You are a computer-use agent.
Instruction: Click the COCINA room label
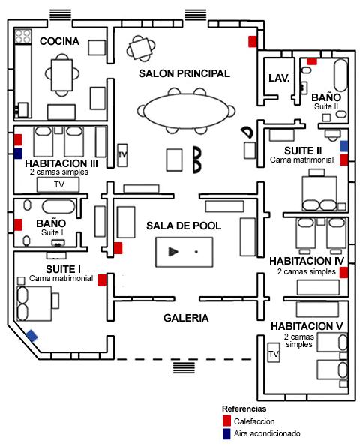pos(59,41)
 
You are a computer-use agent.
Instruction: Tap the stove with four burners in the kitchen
pos(22,37)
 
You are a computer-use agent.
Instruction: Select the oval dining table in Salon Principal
pos(186,111)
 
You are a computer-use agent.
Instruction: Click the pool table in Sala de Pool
pos(184,252)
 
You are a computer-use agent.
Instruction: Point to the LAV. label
pos(279,78)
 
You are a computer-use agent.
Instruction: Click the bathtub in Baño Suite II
pos(340,75)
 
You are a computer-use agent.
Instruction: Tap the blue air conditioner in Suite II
pos(344,146)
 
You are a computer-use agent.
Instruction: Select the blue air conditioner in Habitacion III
pos(18,154)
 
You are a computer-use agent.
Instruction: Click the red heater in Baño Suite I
pos(18,225)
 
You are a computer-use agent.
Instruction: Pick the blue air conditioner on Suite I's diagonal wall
pos(31,335)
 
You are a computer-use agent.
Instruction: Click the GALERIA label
pos(186,318)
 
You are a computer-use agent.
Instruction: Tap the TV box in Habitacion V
pos(274,352)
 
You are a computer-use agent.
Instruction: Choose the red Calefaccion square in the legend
pos(226,421)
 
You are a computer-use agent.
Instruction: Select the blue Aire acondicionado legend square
pos(226,433)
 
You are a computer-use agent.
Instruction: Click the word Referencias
pos(244,409)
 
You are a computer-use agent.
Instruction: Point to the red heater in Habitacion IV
pos(343,272)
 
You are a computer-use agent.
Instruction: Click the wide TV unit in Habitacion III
pos(58,184)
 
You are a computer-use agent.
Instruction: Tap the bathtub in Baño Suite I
pos(58,206)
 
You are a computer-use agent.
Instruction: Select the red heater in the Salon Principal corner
pos(253,41)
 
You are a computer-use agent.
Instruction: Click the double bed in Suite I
pos(34,304)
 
